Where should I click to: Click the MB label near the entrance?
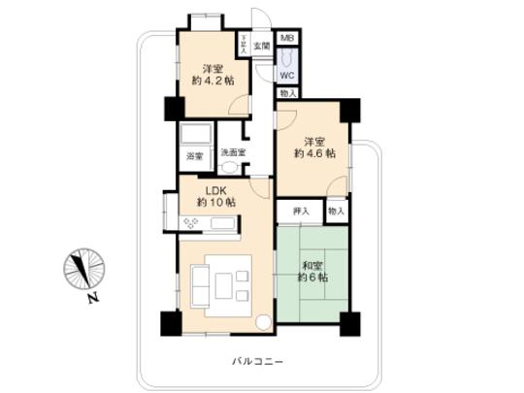(287, 38)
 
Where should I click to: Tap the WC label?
(288, 74)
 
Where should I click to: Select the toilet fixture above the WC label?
(287, 56)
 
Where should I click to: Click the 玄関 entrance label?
(261, 46)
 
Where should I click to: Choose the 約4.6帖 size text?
(316, 153)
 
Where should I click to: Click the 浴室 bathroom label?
(194, 156)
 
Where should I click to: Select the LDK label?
(215, 188)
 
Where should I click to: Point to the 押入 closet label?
(301, 211)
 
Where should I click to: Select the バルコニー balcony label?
(257, 361)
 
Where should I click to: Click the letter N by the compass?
(90, 297)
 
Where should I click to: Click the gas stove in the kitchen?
(191, 223)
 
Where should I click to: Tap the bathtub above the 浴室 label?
(197, 134)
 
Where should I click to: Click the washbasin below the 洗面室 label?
(230, 167)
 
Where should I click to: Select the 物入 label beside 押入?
(336, 211)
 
